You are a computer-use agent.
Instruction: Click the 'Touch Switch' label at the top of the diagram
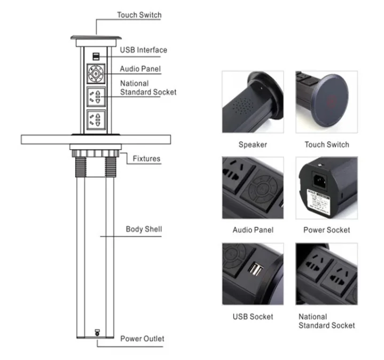(139, 15)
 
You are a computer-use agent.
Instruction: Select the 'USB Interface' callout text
(143, 50)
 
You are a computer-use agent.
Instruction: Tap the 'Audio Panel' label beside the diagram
(140, 69)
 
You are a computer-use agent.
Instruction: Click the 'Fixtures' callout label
(146, 159)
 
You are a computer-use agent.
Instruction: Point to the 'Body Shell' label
(144, 230)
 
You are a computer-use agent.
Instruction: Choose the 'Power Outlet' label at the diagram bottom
(142, 339)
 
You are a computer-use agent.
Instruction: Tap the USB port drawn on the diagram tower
(95, 56)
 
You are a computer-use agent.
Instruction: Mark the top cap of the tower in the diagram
(96, 39)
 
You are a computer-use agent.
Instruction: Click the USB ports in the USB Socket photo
(255, 270)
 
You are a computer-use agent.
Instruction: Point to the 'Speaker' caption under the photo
(253, 145)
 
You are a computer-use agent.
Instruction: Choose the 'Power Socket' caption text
(326, 230)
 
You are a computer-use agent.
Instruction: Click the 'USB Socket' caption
(253, 317)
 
